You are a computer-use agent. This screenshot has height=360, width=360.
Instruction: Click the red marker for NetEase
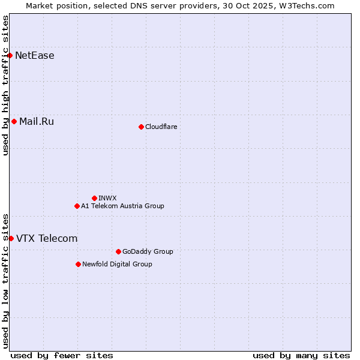click(x=10, y=56)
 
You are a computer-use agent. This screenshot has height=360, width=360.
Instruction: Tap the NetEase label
click(x=35, y=56)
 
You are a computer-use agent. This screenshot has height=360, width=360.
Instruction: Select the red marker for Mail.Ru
click(x=14, y=122)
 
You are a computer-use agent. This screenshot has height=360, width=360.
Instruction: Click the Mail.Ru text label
click(x=37, y=122)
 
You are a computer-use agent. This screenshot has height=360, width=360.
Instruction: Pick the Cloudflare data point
click(x=141, y=127)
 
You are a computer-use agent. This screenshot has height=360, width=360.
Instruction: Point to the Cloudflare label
click(x=161, y=127)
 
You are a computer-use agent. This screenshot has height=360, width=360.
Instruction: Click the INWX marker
click(x=94, y=198)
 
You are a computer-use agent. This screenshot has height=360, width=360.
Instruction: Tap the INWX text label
click(x=107, y=198)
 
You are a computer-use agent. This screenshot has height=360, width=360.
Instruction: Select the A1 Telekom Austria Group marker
click(x=77, y=206)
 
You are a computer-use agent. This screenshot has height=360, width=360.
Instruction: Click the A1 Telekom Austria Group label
click(x=122, y=206)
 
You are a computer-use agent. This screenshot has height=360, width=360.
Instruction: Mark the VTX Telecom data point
click(x=11, y=238)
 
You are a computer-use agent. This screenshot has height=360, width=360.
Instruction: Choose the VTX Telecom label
click(x=47, y=238)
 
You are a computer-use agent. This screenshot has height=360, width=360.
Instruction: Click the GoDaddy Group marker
click(x=118, y=251)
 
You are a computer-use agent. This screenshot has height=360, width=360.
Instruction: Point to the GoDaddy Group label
click(x=148, y=251)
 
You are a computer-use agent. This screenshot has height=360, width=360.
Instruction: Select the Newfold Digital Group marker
click(x=79, y=264)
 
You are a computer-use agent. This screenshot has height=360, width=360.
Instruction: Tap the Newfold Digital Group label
click(x=117, y=264)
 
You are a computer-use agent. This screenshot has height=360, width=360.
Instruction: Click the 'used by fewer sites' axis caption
click(x=62, y=355)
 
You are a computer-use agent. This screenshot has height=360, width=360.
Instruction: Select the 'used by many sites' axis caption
click(x=301, y=355)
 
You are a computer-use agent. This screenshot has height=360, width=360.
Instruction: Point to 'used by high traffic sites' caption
click(x=6, y=85)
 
